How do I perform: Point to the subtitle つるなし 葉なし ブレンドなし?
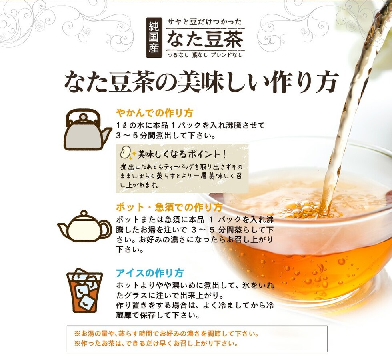205,55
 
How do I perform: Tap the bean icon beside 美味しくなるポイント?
125,154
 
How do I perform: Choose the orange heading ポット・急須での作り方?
169,208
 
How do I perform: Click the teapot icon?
84,226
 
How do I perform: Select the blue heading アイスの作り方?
150,273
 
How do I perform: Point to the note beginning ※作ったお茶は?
156,344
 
